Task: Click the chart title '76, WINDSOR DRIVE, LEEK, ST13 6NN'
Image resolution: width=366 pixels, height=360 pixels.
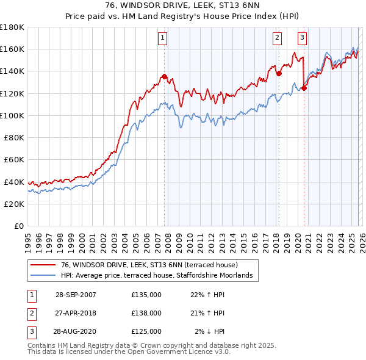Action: click(182, 5)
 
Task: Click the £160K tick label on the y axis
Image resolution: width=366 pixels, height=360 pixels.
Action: click(12, 49)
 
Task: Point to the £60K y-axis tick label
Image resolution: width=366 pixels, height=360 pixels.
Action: click(14, 159)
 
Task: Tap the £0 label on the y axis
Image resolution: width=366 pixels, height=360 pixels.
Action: click(18, 226)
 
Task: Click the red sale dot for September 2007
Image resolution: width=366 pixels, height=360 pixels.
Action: click(165, 77)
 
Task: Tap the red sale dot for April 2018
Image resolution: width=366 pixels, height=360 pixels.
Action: click(279, 73)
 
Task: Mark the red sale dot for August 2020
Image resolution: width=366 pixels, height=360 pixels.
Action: click(304, 88)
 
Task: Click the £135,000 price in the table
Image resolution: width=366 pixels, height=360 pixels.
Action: click(146, 295)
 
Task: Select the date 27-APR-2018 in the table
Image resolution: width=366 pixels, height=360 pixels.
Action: click(76, 313)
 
